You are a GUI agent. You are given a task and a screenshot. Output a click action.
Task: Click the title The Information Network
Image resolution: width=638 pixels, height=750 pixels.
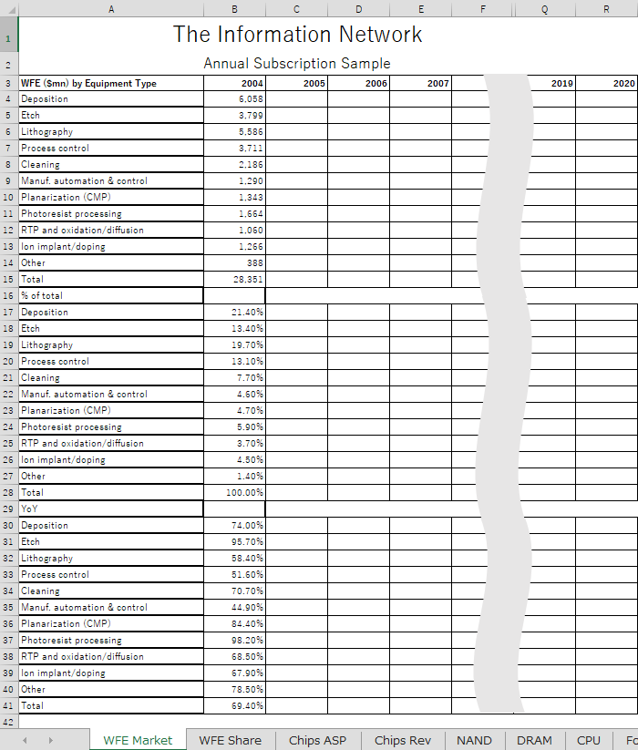point(297,35)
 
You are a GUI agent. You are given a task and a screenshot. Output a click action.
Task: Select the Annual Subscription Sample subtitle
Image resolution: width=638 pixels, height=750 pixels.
point(297,64)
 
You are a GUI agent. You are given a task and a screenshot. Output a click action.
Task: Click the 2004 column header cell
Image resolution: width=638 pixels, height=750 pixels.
point(234,83)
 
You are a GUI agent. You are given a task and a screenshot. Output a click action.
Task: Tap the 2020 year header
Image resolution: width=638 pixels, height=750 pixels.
point(606,83)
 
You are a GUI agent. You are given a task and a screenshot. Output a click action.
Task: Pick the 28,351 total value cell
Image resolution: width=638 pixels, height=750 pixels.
point(234,279)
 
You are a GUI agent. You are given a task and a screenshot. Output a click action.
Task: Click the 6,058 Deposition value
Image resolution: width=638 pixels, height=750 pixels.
point(234,98)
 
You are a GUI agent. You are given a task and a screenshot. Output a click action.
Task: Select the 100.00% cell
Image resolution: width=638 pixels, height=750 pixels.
point(234,492)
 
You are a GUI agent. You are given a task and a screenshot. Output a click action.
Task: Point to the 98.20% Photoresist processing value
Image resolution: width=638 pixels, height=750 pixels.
point(234,640)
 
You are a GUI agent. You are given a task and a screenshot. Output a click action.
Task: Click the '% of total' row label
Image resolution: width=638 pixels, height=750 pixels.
point(110,295)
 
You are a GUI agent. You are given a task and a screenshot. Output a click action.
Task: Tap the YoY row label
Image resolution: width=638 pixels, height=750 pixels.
point(110,509)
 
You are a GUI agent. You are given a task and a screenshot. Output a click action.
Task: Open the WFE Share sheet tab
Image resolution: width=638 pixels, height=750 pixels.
point(230,740)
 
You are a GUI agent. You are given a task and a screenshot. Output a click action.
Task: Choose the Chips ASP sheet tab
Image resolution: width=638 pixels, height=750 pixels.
point(317,740)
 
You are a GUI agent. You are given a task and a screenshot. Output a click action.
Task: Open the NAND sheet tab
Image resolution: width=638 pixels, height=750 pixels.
point(474,740)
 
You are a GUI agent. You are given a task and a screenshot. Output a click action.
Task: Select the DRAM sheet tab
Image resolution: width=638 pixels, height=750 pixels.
point(534,740)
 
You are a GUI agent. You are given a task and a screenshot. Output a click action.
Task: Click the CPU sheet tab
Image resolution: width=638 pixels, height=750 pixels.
point(589,740)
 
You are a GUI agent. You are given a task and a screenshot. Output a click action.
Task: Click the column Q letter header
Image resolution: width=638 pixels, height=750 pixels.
point(544,9)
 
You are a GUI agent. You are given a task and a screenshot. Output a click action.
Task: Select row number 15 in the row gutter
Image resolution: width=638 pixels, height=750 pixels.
point(8,279)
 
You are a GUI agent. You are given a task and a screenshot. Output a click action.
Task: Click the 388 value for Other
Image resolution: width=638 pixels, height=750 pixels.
point(234,262)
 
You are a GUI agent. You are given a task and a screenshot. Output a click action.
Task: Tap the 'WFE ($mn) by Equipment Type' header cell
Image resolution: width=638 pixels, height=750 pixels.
point(110,83)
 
